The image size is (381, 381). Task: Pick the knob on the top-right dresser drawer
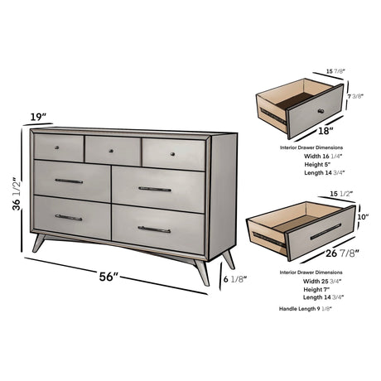[x=171, y=154]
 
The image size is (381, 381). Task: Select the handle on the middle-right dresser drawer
[x=155, y=189]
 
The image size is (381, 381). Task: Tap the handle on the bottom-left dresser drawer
[x=69, y=217]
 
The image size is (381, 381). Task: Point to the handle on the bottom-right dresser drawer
[x=154, y=229]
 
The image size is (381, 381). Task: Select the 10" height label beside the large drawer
[x=362, y=217]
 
